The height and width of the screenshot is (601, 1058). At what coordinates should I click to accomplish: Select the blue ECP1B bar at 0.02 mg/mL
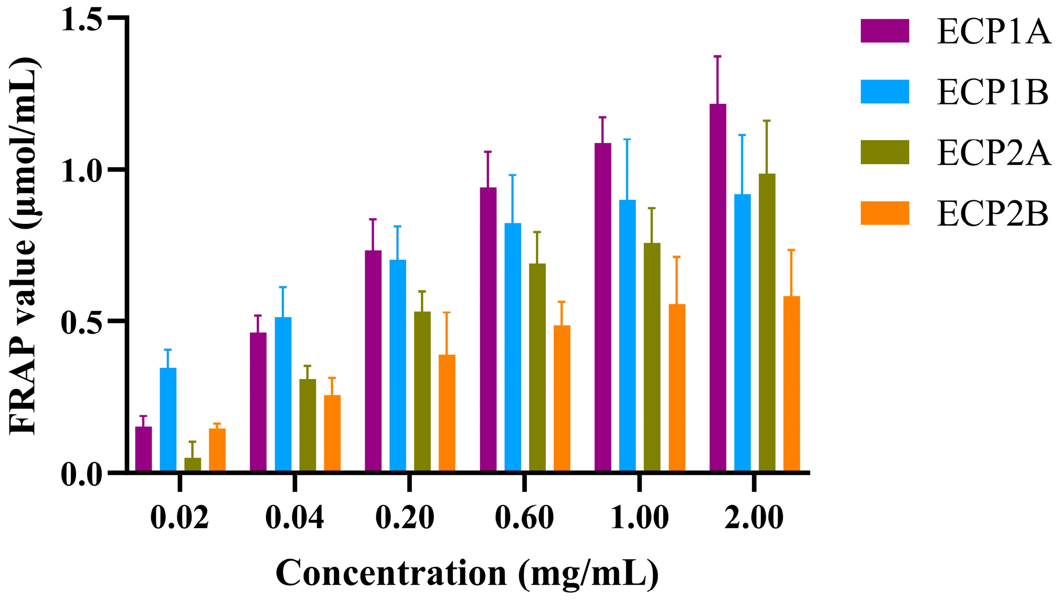click(x=168, y=420)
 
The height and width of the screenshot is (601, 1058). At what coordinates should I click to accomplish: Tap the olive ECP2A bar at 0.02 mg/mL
click(x=193, y=464)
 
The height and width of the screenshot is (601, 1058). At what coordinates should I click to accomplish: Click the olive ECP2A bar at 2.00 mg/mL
click(x=767, y=322)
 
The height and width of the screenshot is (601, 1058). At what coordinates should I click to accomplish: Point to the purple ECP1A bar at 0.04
click(x=258, y=402)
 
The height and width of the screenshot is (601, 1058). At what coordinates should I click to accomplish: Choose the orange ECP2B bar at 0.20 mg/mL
click(x=447, y=413)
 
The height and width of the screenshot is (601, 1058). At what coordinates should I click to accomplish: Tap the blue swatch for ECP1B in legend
click(x=885, y=92)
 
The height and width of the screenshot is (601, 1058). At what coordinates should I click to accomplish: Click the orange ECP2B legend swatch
click(x=885, y=213)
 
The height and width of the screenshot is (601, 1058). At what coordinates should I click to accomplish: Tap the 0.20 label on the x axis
click(x=405, y=518)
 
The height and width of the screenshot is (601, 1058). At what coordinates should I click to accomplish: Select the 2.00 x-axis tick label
click(x=754, y=518)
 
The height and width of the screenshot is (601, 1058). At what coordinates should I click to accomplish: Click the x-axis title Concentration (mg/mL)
click(x=467, y=574)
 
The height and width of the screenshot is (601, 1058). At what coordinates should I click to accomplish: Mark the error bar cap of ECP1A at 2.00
click(x=717, y=56)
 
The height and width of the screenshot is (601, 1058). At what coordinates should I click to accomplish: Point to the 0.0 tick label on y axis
click(x=81, y=475)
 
